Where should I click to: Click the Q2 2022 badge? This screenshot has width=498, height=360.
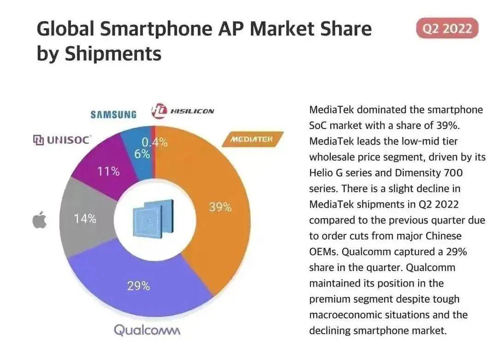point(447,29)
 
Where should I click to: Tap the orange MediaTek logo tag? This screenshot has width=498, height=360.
point(251,139)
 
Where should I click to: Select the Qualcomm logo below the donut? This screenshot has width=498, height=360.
point(147,330)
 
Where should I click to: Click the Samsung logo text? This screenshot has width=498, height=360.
point(113,114)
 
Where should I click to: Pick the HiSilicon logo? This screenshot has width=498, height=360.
point(183,111)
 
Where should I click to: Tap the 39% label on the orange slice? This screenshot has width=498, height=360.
point(220,207)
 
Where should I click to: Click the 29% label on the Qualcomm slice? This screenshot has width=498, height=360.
point(138,286)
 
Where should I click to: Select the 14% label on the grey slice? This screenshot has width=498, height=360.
point(85,219)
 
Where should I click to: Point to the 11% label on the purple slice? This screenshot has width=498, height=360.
point(108,172)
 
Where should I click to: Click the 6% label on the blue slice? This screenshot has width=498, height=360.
point(142,154)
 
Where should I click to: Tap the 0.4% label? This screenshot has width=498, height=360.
point(154,143)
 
